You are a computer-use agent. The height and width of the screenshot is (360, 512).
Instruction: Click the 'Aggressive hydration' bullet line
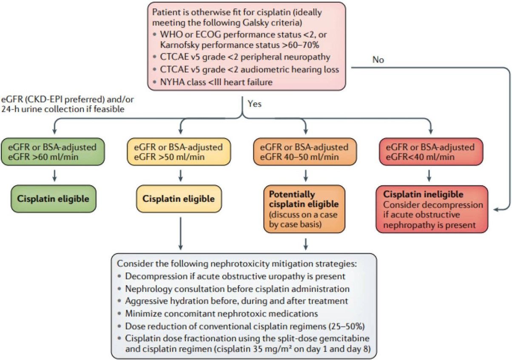tap(236, 301)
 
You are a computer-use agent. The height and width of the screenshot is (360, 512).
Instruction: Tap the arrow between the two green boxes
tap(54, 175)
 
